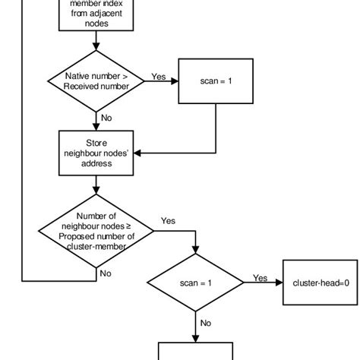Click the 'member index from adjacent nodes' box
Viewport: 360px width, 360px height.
coord(94,14)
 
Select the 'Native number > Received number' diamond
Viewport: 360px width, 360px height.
coord(95,81)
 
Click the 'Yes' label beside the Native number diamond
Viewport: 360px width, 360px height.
coord(159,76)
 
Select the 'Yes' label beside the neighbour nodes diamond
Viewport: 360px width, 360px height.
coord(168,221)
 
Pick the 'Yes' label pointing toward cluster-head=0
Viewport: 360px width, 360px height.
coord(260,277)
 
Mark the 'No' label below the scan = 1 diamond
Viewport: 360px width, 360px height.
coord(206,322)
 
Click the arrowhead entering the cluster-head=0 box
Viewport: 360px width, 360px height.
coord(279,283)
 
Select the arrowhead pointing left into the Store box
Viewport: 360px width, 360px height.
coord(137,153)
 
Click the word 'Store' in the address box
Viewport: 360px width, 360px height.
coord(95,142)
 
